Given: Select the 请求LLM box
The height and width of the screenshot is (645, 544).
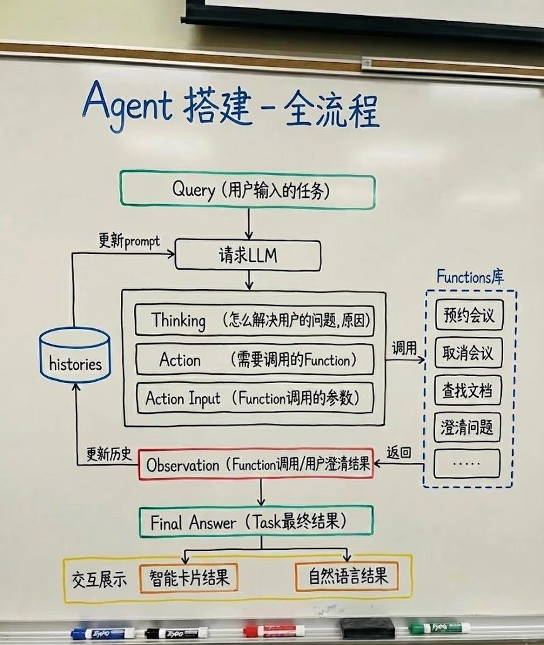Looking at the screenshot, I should pyautogui.click(x=248, y=256).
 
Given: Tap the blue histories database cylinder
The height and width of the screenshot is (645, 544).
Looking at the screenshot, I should pyautogui.click(x=75, y=355).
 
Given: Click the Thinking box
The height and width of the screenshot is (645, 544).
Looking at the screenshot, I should pyautogui.click(x=254, y=321).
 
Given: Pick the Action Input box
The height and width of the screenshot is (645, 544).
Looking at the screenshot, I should pyautogui.click(x=254, y=398).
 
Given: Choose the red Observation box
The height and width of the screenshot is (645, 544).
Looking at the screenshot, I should pyautogui.click(x=256, y=465).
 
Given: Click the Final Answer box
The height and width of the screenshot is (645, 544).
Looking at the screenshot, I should pyautogui.click(x=256, y=523).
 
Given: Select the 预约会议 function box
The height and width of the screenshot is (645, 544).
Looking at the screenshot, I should pyautogui.click(x=468, y=316).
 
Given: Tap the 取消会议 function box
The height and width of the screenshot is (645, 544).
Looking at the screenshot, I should pyautogui.click(x=468, y=353).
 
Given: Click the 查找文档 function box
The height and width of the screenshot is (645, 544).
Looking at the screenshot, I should pyautogui.click(x=468, y=391).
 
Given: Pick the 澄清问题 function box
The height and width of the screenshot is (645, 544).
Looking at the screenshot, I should pyautogui.click(x=468, y=428).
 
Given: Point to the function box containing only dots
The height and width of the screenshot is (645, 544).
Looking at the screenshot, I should pyautogui.click(x=468, y=464).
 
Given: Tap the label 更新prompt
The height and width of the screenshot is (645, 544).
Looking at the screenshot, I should pyautogui.click(x=129, y=241).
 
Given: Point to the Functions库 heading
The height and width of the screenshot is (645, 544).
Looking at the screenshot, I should pyautogui.click(x=470, y=277).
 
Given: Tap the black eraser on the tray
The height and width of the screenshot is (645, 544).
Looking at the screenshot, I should pyautogui.click(x=367, y=627).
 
